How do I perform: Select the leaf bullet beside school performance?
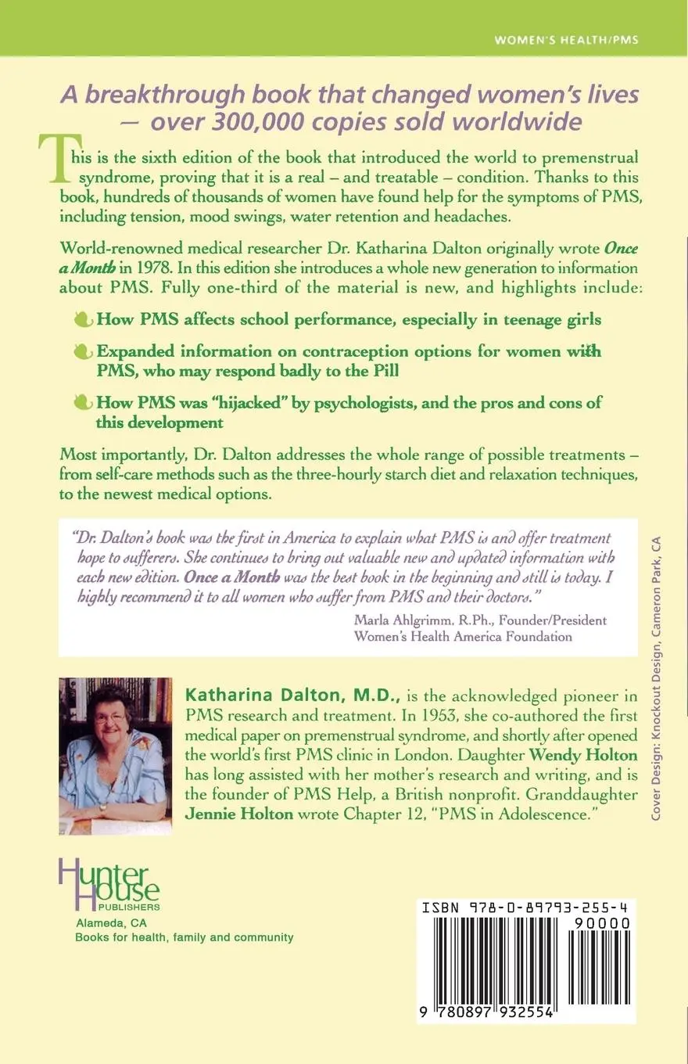tap(82, 319)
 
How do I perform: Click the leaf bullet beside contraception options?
tap(82, 352)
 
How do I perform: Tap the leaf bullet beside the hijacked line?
tap(82, 404)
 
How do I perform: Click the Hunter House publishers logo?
tap(109, 884)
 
